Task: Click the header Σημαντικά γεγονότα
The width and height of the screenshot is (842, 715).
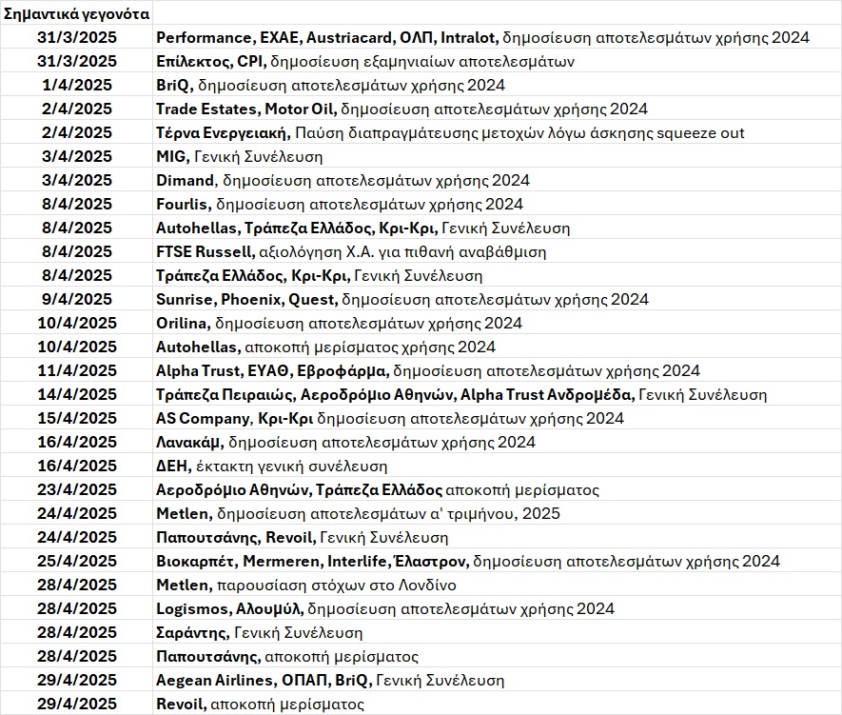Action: [75, 13]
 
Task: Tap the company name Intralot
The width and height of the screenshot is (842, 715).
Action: [468, 37]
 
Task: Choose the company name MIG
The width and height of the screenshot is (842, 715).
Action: [172, 156]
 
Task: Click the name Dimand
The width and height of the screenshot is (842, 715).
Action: [185, 180]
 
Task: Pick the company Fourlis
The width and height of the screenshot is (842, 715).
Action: [183, 204]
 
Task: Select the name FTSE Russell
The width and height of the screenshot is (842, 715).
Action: [206, 251]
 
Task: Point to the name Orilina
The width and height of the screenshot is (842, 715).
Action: [184, 323]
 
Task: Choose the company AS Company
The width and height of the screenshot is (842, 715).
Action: [203, 418]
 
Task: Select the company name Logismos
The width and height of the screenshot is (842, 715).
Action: [190, 608]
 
